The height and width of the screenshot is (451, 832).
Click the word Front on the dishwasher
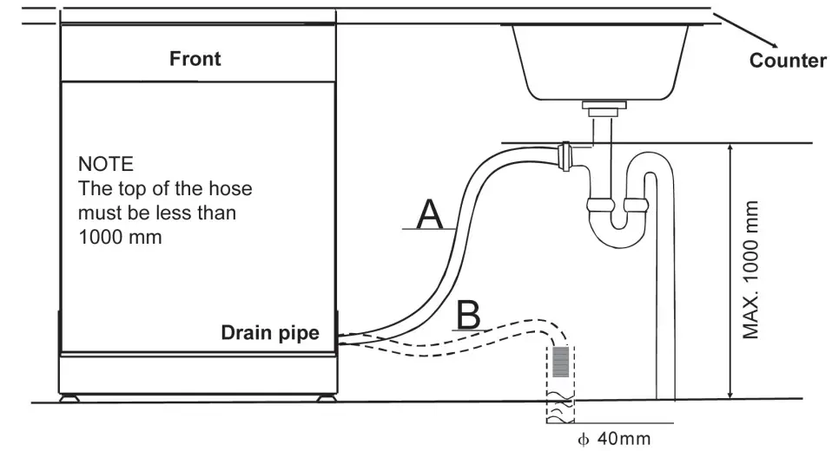pos(195,59)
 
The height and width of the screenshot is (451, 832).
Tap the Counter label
pos(788,61)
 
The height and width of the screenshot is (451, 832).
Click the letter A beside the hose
pos(429,214)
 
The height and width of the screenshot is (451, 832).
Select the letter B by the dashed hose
pos(468,316)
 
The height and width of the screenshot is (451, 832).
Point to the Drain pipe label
pos(269,332)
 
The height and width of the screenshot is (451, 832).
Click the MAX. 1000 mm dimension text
pos(752,270)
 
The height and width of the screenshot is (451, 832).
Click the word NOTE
pos(106,163)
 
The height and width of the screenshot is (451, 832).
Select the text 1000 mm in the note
pos(119,236)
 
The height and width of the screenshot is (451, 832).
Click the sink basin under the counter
pos(600,61)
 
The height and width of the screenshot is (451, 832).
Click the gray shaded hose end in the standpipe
pos(561,360)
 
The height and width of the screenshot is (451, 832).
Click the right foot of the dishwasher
pos(325,401)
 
